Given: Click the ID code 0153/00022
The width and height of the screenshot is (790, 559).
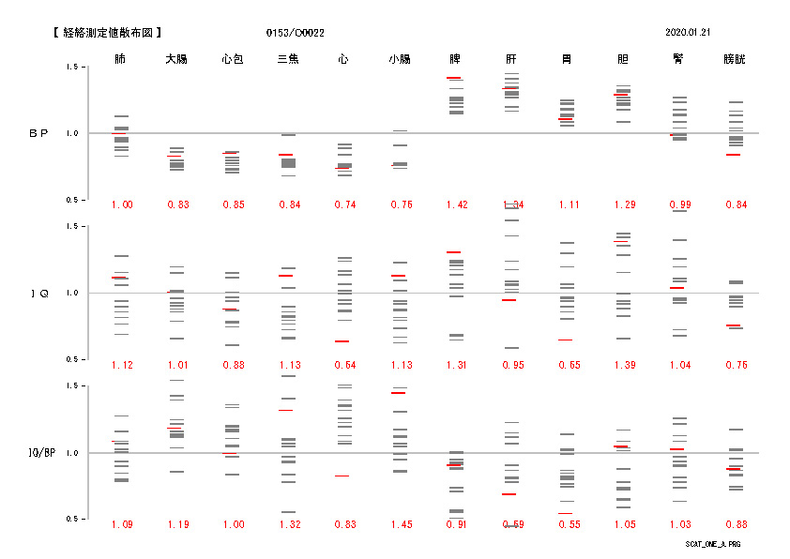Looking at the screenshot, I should [296, 32].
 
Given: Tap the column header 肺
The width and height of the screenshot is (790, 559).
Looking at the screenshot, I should [120, 59].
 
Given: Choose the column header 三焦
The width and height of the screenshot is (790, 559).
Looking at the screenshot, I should [288, 59].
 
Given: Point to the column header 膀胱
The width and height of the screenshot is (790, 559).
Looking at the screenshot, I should [735, 59].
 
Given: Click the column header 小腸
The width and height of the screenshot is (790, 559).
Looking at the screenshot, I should [400, 59].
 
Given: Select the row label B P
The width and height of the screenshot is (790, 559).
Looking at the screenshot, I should [38, 134].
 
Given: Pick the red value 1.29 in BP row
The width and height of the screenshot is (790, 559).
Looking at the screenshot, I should [623, 205].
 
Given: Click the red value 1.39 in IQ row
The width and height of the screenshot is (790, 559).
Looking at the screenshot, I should [623, 365].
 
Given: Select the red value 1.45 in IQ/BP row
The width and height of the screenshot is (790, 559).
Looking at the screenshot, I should [400, 524].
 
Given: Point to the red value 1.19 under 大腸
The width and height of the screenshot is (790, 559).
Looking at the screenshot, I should [177, 524].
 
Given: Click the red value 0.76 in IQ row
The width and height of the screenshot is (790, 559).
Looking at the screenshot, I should [735, 365].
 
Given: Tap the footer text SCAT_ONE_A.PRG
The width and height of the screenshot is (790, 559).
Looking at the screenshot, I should [712, 544].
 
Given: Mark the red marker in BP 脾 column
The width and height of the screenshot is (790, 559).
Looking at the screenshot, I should [454, 78].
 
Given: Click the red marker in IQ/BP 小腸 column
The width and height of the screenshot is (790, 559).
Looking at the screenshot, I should [399, 393].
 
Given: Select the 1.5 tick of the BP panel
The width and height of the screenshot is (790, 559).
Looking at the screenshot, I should [71, 68].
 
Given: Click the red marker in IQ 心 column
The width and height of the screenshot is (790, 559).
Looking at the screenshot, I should [342, 341].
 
